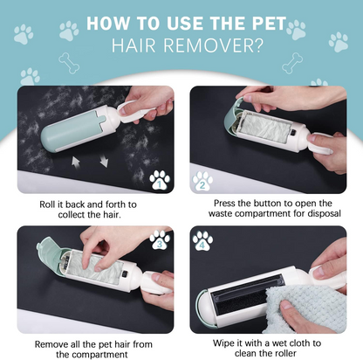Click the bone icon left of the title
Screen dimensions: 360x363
click(x=66, y=62)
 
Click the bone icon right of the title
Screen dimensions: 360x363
click(x=293, y=61)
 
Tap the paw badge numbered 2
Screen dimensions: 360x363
click(x=203, y=181)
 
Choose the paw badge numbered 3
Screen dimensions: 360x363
click(x=159, y=241)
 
